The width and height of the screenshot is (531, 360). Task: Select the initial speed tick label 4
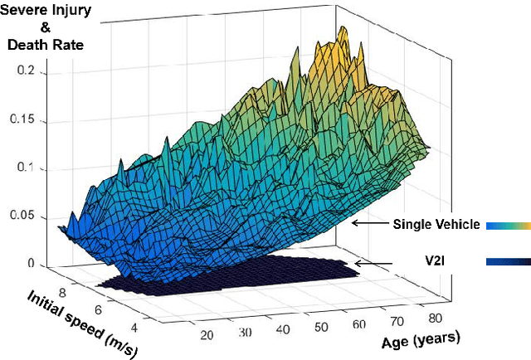(134, 318)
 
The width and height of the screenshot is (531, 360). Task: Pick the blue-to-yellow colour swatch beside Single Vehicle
(508, 224)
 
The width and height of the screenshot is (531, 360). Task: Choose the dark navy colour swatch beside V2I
(508, 262)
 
